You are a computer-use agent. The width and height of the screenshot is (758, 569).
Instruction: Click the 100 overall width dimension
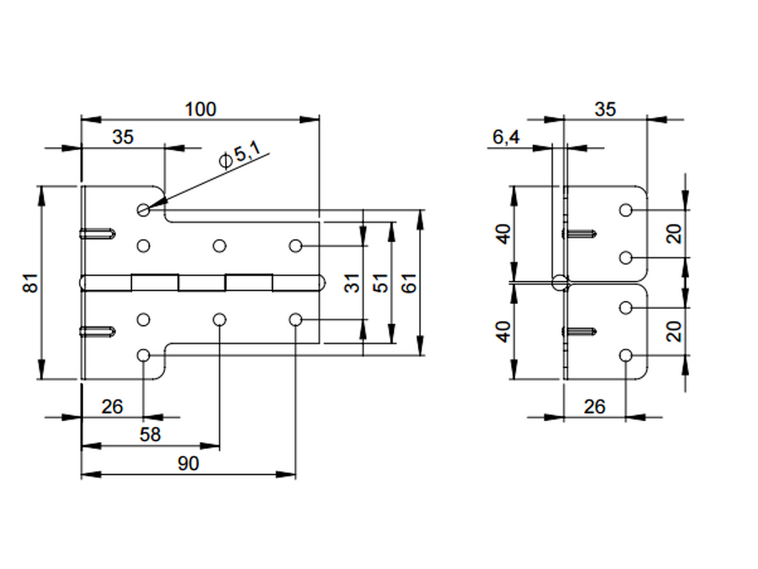click(x=201, y=109)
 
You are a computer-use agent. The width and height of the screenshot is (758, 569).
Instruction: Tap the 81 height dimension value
click(x=30, y=283)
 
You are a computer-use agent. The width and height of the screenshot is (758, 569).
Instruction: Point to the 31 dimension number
click(x=352, y=283)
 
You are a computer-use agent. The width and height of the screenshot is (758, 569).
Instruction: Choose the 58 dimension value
click(x=150, y=435)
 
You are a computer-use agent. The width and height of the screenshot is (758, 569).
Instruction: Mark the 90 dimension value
click(x=188, y=463)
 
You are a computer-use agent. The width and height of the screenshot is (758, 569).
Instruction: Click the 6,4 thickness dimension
click(x=506, y=137)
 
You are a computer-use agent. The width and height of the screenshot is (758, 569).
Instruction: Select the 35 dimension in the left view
click(x=123, y=137)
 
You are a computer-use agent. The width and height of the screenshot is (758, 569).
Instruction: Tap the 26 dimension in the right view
click(x=595, y=406)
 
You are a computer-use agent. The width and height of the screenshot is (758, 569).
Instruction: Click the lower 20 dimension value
click(x=673, y=331)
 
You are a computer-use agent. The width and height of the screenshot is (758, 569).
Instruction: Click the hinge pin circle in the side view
click(x=559, y=283)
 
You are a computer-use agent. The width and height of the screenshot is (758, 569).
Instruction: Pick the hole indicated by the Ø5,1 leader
click(x=144, y=210)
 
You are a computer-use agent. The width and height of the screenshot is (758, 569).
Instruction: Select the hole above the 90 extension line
click(x=295, y=319)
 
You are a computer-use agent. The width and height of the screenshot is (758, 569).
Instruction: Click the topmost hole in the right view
click(x=626, y=210)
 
